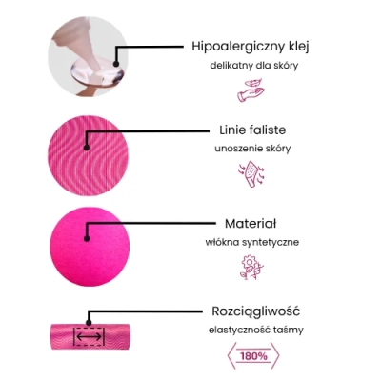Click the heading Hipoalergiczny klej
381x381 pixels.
tap(251, 47)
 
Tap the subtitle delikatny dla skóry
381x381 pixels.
tap(254, 66)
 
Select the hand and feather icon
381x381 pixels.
tap(251, 90)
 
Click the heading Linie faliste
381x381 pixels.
tap(252, 130)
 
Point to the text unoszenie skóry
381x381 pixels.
tap(252, 149)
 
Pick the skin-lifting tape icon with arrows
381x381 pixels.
tap(251, 174)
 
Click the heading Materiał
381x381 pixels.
tap(251, 224)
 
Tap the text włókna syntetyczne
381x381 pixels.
tap(252, 242)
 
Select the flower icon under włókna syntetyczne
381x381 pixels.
tap(251, 267)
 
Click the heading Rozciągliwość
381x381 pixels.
tap(255, 311)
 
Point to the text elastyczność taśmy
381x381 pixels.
tap(256, 330)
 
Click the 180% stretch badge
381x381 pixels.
tap(253, 356)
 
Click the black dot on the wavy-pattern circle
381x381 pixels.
tap(87, 148)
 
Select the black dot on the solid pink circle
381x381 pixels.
tap(87, 239)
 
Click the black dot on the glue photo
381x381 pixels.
tap(116, 64)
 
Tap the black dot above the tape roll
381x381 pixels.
tap(90, 323)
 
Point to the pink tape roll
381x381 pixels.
tap(90, 336)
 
